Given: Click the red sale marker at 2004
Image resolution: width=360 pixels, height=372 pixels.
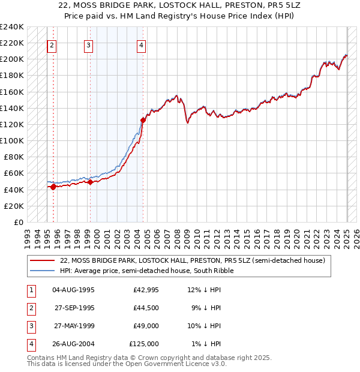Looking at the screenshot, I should point(143,120).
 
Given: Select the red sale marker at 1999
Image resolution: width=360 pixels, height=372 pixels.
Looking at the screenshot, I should point(90,182).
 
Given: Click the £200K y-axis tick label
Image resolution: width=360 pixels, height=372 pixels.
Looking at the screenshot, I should point(12,59).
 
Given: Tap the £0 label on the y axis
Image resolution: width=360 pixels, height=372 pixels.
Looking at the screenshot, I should point(18,222).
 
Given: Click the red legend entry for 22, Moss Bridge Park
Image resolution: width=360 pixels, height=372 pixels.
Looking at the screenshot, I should point(192,260).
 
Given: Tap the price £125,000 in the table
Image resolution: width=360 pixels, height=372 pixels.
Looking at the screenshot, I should point(144,344).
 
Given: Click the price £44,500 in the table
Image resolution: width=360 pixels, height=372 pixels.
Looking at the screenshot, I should point(146,308).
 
